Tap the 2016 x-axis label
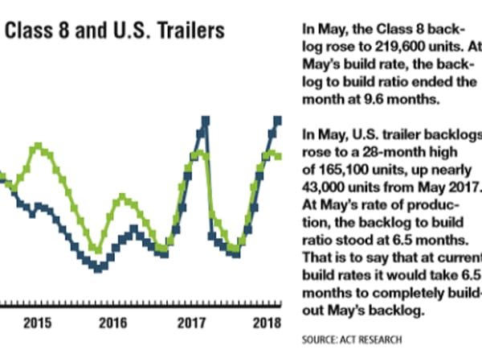coord(112,323)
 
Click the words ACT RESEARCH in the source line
coord(374,340)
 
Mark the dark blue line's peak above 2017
coord(206,121)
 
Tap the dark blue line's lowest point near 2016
coord(98,268)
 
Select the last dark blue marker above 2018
coord(278,121)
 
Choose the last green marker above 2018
coord(278,156)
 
